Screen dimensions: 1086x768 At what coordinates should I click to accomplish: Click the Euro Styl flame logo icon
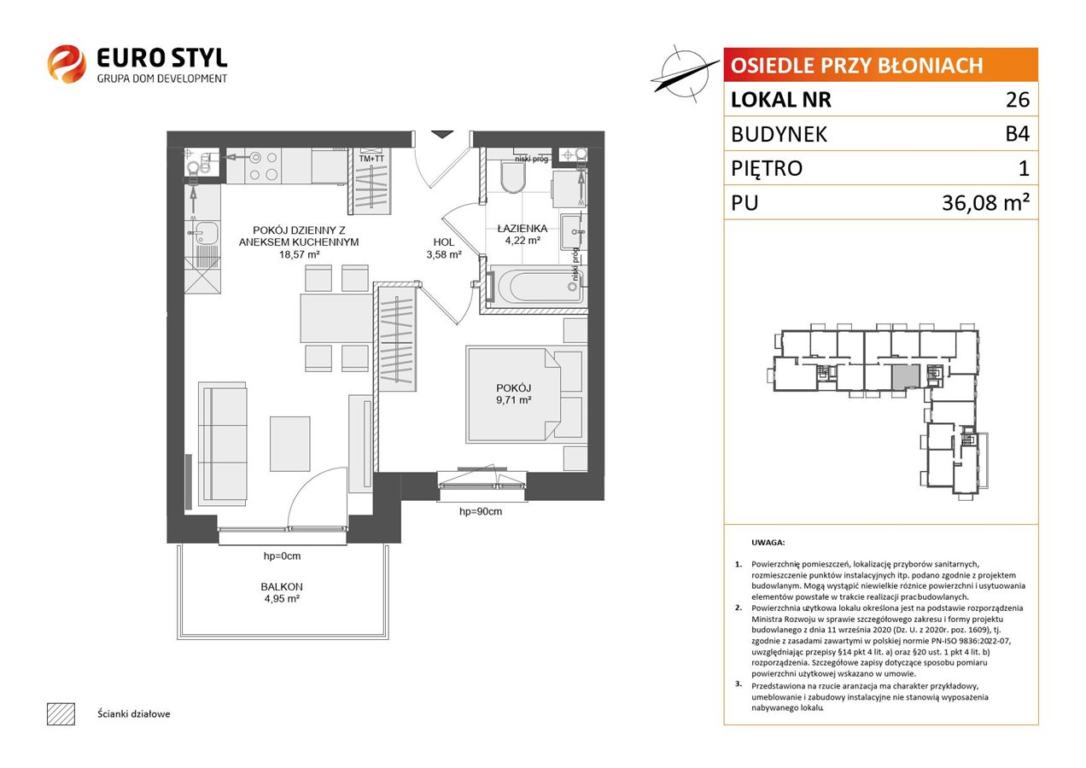tap(67, 63)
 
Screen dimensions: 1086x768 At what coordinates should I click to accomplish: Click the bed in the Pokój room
tap(524, 394)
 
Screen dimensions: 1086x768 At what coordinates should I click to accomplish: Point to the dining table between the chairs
tap(336, 318)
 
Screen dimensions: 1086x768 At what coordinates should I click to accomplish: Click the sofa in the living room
tap(223, 444)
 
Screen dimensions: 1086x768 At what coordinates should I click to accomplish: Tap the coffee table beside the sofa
tap(290, 444)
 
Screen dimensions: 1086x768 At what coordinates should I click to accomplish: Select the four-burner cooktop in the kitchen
tap(264, 166)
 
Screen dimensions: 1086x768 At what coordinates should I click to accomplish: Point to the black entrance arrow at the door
tap(441, 134)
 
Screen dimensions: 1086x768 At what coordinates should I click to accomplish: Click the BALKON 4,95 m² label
tap(282, 592)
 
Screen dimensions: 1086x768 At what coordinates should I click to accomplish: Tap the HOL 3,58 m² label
tap(444, 248)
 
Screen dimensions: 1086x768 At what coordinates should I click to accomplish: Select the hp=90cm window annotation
tap(481, 511)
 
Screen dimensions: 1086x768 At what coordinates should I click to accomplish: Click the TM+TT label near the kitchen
tap(371, 159)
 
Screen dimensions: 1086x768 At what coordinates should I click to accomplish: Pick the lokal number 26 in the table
tap(1018, 100)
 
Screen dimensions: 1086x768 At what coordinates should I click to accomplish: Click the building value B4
tap(1017, 134)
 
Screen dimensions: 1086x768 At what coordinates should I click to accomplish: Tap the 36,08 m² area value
tap(985, 202)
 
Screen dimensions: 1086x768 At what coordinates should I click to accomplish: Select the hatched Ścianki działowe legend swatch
tap(61, 713)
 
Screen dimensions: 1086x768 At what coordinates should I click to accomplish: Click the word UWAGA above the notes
tap(768, 543)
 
